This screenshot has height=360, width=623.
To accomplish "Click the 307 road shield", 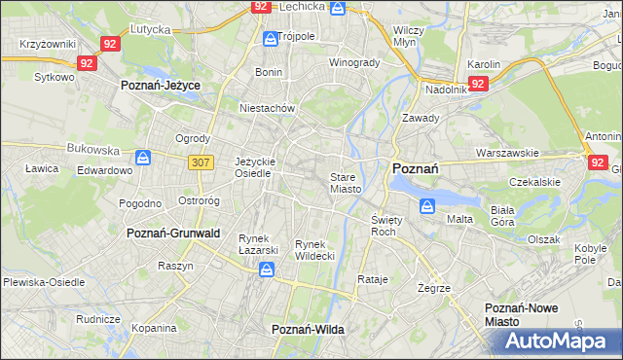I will pyautogui.click(x=201, y=162).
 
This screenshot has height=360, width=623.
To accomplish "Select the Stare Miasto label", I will pyautogui.click(x=346, y=183).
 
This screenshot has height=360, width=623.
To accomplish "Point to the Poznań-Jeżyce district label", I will pyautogui.click(x=161, y=86).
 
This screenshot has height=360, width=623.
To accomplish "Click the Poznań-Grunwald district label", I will pyautogui.click(x=173, y=234).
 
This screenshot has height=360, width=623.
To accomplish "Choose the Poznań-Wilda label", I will pyautogui.click(x=308, y=330).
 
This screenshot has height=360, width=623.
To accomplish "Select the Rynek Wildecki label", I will pyautogui.click(x=314, y=249).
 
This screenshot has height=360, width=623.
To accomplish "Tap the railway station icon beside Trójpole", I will pyautogui.click(x=270, y=39).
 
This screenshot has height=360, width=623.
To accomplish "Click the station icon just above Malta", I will pyautogui.click(x=427, y=205).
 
